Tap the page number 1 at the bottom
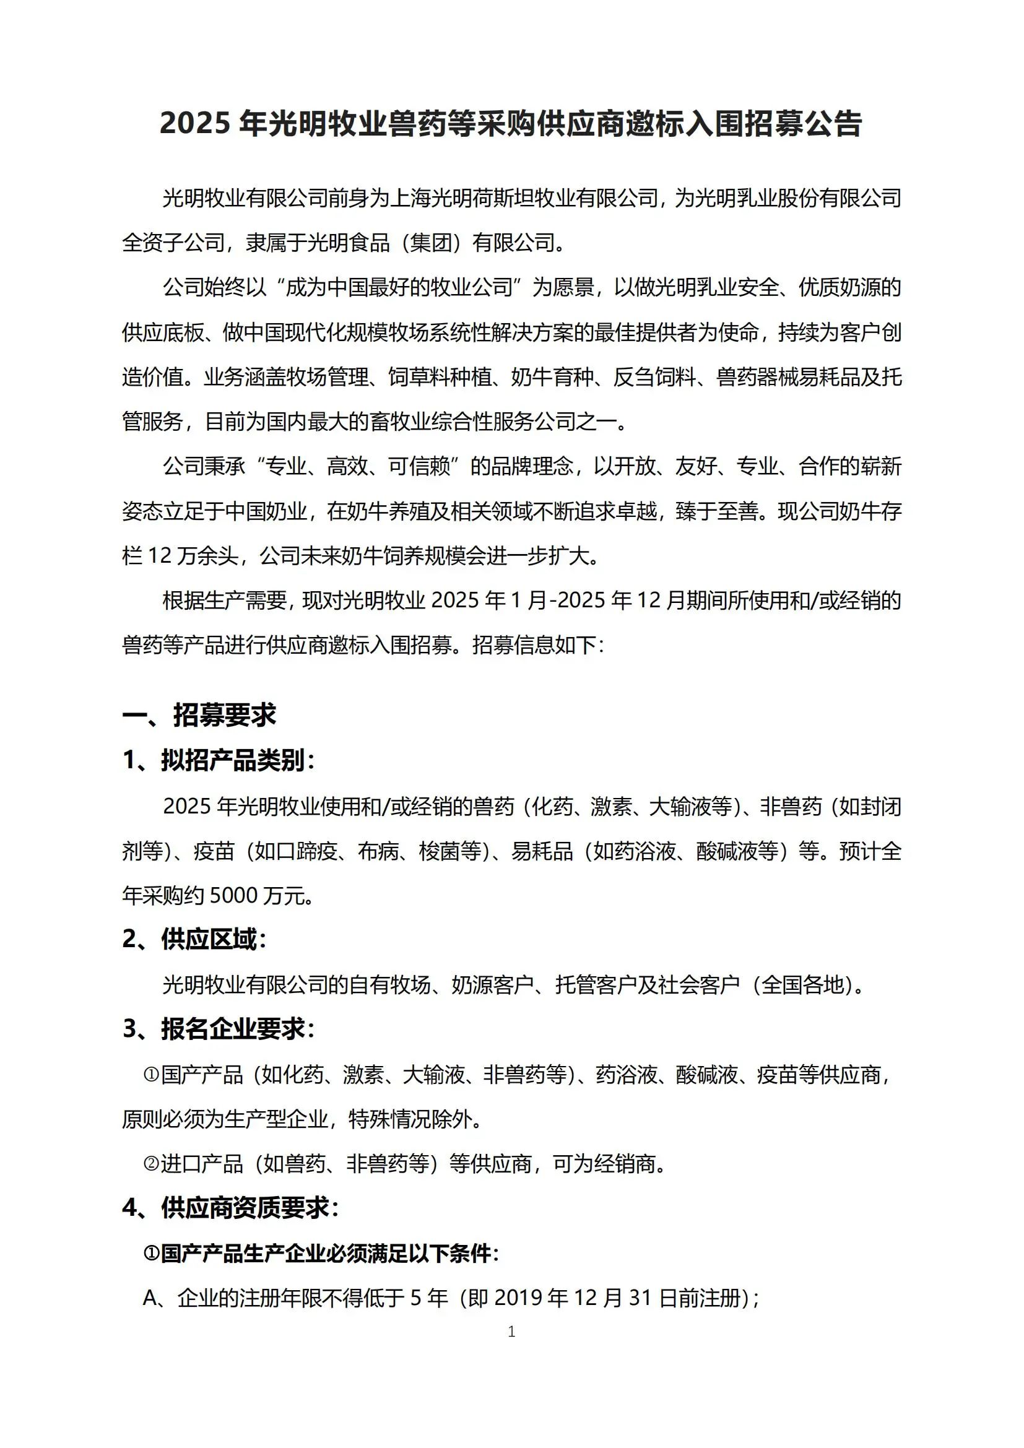(511, 1332)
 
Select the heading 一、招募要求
(199, 715)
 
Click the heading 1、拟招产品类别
(218, 761)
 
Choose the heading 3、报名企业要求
(218, 1030)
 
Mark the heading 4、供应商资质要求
(230, 1208)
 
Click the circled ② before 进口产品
(150, 1163)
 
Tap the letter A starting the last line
(150, 1298)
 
